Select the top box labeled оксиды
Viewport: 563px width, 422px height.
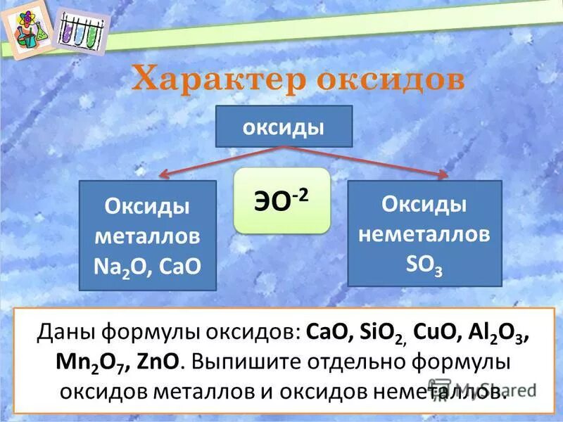pyautogui.click(x=283, y=127)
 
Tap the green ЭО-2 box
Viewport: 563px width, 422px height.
pyautogui.click(x=281, y=200)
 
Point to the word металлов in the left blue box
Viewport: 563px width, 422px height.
pyautogui.click(x=147, y=236)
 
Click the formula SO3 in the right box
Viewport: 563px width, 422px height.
pyautogui.click(x=424, y=263)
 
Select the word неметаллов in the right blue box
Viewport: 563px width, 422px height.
pyautogui.click(x=424, y=234)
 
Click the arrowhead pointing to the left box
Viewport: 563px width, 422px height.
pyautogui.click(x=164, y=175)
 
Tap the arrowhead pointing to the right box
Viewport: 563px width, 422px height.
pyautogui.click(x=443, y=174)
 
